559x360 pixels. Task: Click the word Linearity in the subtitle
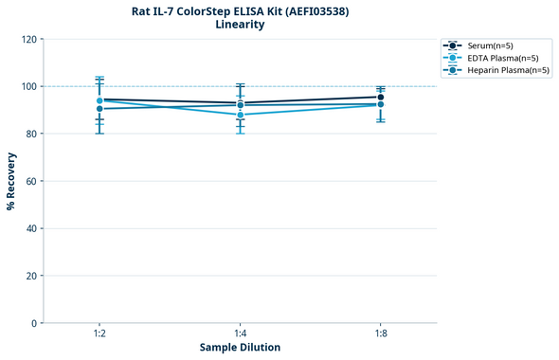pyautogui.click(x=240, y=25)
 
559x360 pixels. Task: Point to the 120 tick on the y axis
pyautogui.click(x=28, y=39)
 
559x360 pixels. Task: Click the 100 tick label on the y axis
pyautogui.click(x=28, y=86)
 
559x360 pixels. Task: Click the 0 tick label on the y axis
pyautogui.click(x=34, y=323)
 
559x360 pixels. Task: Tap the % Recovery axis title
pyautogui.click(x=11, y=181)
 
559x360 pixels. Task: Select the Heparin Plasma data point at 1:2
pyautogui.click(x=99, y=109)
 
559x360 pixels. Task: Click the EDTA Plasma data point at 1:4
pyautogui.click(x=240, y=115)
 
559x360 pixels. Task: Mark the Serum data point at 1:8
pyautogui.click(x=380, y=97)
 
